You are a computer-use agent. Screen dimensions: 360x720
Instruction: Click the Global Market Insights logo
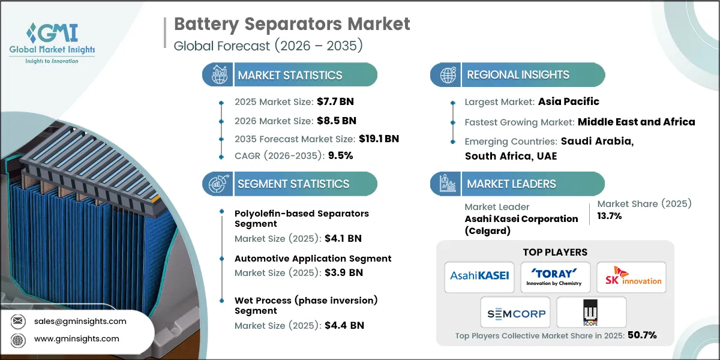tap(52, 42)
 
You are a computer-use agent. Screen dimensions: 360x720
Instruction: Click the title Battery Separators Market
tap(292, 24)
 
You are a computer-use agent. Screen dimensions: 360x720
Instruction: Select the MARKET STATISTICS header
tap(290, 75)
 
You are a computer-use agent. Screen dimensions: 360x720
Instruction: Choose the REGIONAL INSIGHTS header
tap(518, 75)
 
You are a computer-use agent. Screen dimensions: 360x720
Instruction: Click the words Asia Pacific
tap(568, 101)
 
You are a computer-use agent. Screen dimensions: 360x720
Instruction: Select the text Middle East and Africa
tap(636, 122)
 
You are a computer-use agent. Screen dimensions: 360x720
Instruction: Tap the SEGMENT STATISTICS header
tap(293, 184)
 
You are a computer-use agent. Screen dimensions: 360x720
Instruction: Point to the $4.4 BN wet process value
tap(344, 326)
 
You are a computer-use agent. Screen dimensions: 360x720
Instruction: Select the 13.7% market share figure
tap(610, 216)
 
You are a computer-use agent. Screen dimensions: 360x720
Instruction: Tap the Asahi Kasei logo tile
tap(479, 277)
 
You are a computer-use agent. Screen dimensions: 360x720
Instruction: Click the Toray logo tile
tap(555, 277)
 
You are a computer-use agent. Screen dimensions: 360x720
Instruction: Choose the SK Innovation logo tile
tap(631, 277)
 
